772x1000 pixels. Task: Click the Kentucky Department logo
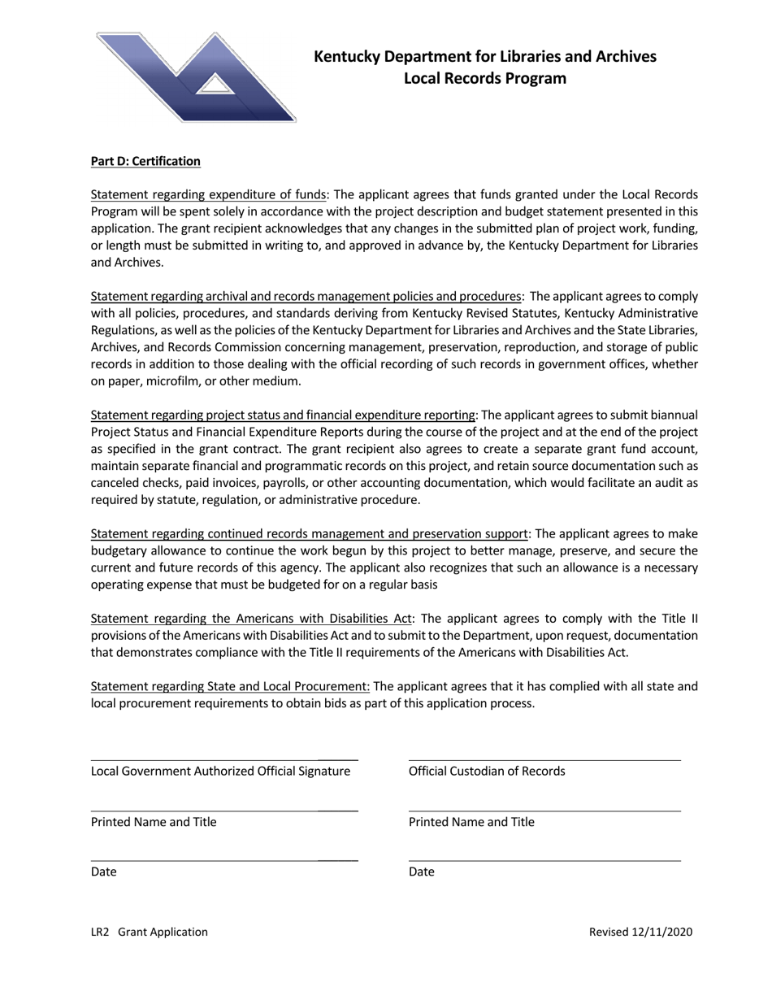coord(196,78)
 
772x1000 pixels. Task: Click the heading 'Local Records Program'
coord(485,79)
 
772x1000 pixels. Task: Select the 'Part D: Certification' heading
coord(145,161)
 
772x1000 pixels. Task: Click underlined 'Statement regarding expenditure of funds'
coord(208,195)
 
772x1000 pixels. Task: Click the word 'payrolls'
coord(253,483)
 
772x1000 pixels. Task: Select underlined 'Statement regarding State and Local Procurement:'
coord(230,686)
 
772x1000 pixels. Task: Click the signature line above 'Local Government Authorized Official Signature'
coord(223,760)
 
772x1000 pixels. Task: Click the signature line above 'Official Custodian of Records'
coord(544,760)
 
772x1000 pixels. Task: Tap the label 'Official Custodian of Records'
coord(487,772)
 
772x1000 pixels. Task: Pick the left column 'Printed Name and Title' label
coord(154,822)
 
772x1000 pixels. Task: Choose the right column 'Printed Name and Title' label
coord(471,822)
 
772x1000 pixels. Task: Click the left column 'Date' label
coord(103,872)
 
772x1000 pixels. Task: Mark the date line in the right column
coord(544,861)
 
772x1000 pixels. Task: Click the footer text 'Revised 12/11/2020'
coord(640,933)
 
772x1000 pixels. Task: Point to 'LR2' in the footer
coord(100,933)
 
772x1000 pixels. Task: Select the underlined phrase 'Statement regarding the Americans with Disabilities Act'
coord(251,619)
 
